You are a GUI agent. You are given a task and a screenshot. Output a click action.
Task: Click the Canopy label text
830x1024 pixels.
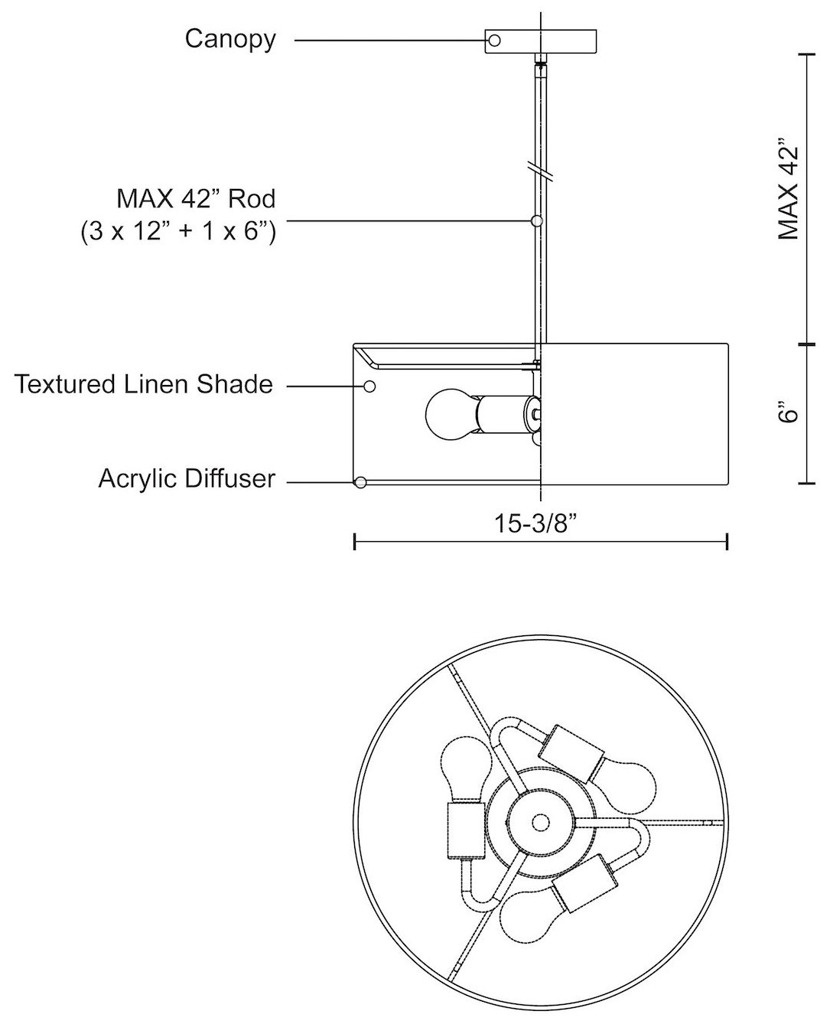point(230,39)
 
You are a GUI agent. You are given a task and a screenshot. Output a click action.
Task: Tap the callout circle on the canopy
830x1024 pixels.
point(493,41)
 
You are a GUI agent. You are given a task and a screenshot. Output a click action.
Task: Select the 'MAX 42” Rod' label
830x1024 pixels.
point(196,198)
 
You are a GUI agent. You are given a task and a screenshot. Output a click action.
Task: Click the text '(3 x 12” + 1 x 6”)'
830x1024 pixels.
point(178,232)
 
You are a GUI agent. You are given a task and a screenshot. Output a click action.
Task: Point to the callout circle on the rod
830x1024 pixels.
point(536,220)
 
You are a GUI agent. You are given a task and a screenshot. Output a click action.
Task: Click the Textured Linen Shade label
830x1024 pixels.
point(144,384)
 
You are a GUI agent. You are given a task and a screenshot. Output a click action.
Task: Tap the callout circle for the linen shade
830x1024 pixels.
point(369,386)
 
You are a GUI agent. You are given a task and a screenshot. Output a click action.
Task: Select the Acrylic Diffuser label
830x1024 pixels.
point(187,479)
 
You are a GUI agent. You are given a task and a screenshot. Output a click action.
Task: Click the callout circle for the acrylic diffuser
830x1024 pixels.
point(360,482)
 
